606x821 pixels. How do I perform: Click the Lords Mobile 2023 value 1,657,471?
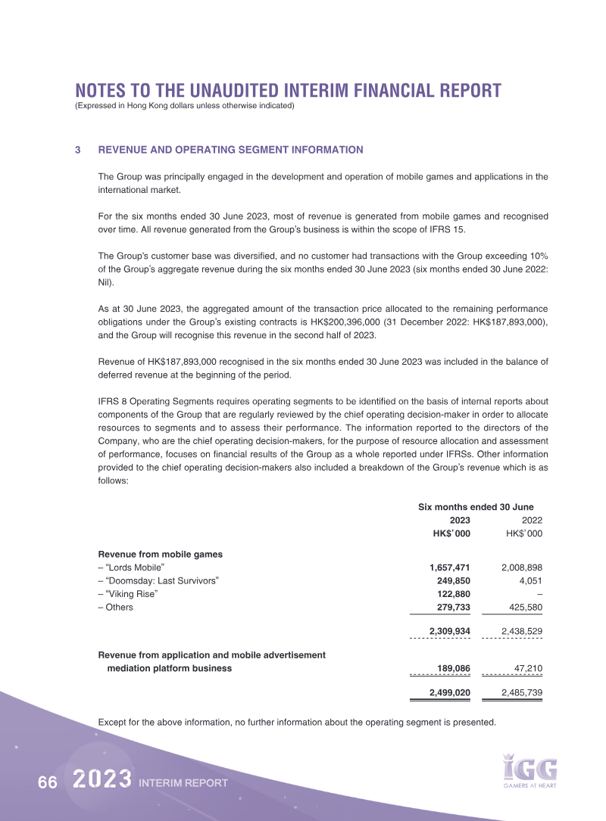(x=449, y=567)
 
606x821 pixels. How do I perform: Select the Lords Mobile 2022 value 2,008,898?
(x=522, y=567)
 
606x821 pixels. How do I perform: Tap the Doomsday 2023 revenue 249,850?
(x=452, y=580)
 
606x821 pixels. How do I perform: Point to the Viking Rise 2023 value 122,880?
(x=452, y=594)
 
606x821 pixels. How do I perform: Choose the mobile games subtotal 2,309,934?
(x=449, y=630)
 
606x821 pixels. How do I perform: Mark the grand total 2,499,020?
(x=449, y=692)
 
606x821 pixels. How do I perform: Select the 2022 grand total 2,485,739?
(x=522, y=692)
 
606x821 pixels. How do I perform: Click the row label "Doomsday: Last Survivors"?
(x=158, y=580)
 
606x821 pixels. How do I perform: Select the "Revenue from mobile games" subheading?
(x=160, y=553)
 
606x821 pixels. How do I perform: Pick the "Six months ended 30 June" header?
(x=476, y=506)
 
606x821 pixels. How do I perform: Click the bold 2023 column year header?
(x=460, y=521)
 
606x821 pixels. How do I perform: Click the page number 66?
(x=47, y=783)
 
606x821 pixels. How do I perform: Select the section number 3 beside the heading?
(x=78, y=150)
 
